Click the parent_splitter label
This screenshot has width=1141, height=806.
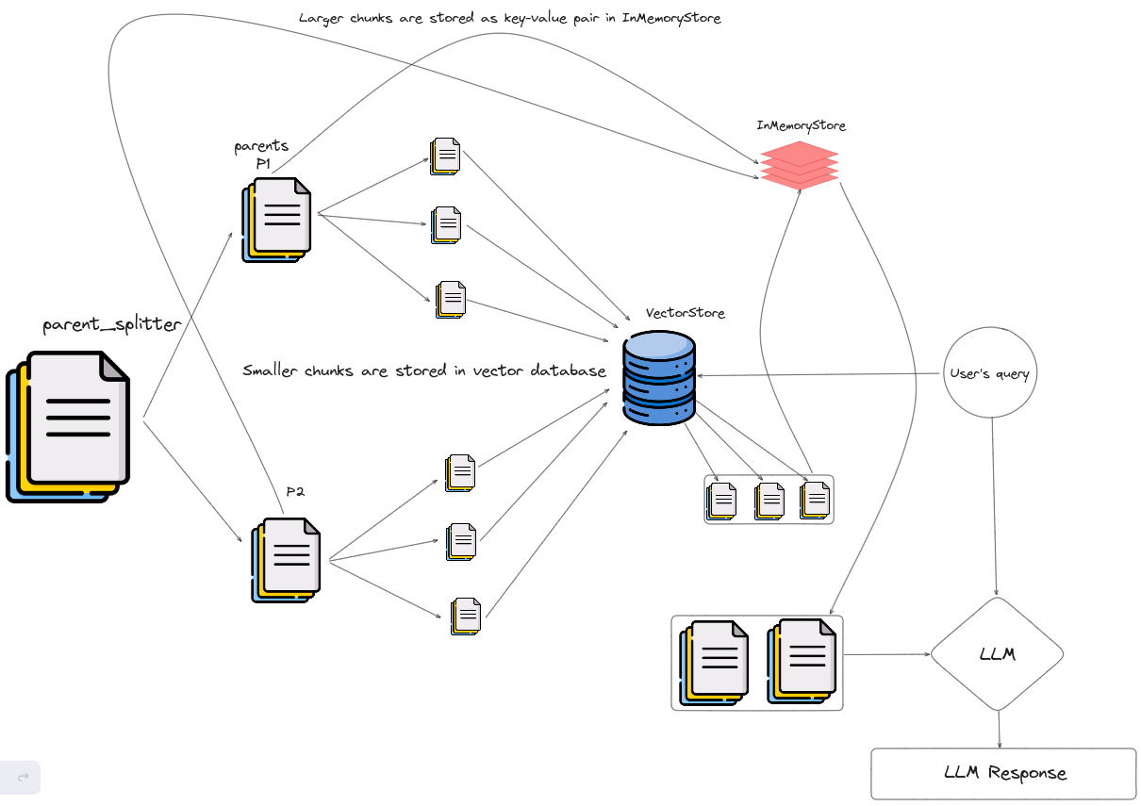111,326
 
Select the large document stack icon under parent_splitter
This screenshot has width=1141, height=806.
69,425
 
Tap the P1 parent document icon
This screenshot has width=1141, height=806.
276,219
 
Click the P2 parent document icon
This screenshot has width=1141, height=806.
287,559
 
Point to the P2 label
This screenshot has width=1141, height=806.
296,491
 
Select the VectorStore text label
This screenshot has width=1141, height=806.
686,313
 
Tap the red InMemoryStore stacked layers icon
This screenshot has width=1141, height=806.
799,166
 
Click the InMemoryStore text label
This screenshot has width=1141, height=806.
801,125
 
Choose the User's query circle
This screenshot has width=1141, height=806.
989,373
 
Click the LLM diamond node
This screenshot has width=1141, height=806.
998,653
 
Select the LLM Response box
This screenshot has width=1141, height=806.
1003,773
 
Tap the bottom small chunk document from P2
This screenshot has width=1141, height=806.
466,616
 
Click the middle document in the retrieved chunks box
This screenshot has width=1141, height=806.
769,500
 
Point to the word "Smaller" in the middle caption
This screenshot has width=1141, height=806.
271,370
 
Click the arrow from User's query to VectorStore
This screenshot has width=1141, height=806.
820,375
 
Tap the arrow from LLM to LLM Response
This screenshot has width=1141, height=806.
999,729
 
